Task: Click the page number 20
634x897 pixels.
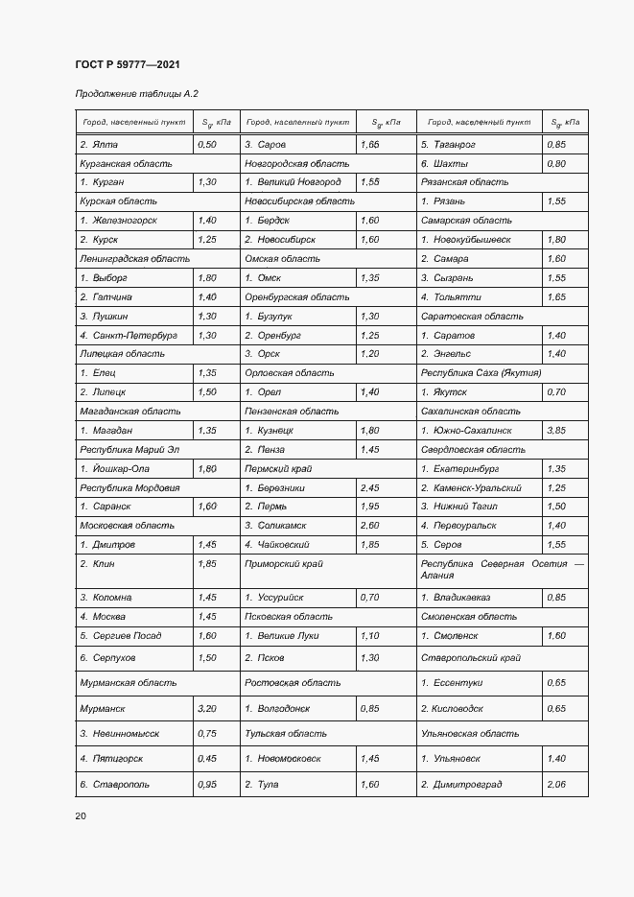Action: [81, 815]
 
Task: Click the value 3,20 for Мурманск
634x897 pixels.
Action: [206, 708]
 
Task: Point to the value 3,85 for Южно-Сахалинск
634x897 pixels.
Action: [556, 431]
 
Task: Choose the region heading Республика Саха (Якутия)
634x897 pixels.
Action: [481, 373]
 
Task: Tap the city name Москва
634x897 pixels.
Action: [107, 616]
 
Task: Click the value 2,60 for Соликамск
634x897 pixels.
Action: [369, 526]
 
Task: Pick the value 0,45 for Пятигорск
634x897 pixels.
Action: [206, 758]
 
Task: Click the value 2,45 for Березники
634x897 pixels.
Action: [369, 487]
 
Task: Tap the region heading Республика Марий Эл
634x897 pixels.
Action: [130, 449]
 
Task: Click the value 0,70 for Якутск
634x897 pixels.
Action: [556, 392]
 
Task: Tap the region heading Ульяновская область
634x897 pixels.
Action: [470, 733]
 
